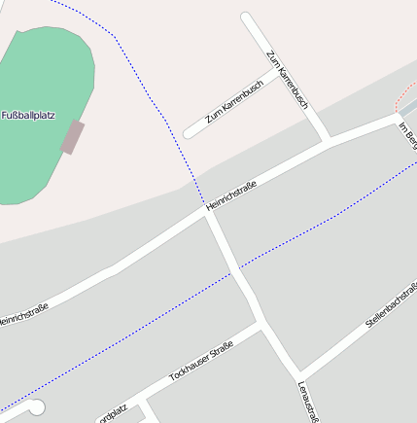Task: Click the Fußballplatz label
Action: click(x=28, y=115)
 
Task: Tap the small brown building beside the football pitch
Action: click(x=72, y=137)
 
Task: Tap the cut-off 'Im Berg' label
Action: click(x=408, y=132)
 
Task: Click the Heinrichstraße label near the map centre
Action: click(x=230, y=196)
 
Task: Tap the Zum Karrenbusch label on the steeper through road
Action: click(x=287, y=78)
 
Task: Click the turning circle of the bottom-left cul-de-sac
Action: click(x=36, y=407)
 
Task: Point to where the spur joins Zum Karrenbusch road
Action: click(x=278, y=69)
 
